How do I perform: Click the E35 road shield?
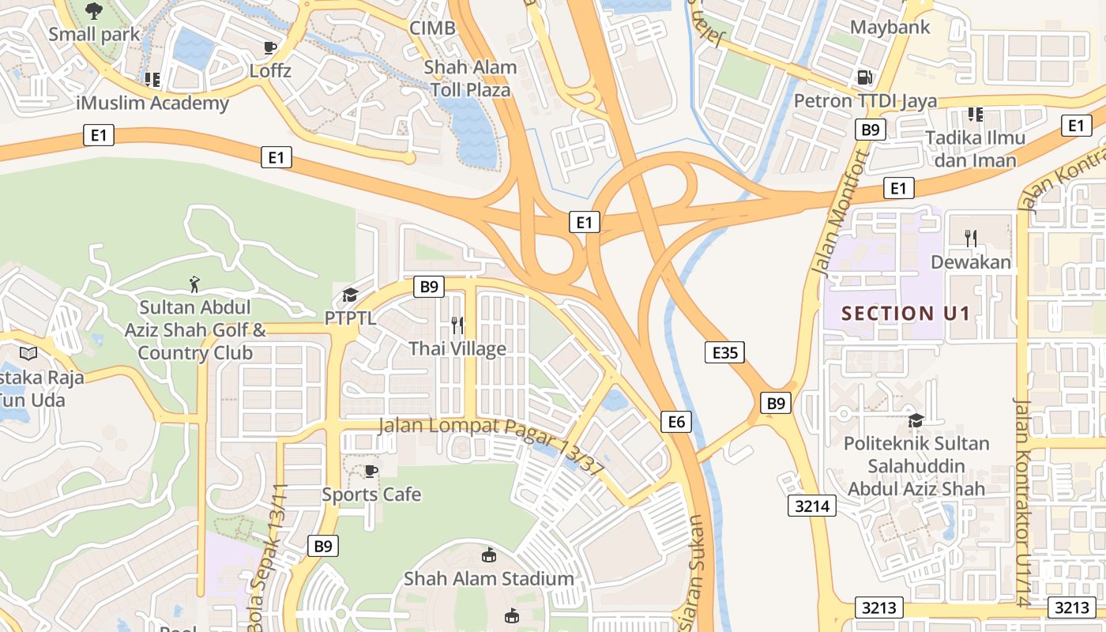tap(724, 352)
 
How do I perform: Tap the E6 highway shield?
tap(676, 422)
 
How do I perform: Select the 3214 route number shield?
tap(811, 506)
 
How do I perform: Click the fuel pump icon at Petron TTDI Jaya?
tap(865, 77)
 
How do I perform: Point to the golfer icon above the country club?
tap(194, 284)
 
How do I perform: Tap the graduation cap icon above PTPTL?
tap(349, 295)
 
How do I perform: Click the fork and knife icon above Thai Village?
tap(457, 325)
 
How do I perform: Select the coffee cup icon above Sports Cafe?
tap(371, 472)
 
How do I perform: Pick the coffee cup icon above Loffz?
tap(270, 47)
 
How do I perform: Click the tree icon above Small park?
tap(94, 11)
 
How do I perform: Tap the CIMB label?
tap(432, 28)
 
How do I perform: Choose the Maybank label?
tap(890, 27)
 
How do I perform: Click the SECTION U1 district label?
tap(905, 314)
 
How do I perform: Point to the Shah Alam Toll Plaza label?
tap(471, 78)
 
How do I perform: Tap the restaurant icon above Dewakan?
tap(971, 237)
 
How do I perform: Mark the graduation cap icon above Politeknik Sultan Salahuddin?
tap(916, 420)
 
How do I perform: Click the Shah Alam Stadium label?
tap(488, 578)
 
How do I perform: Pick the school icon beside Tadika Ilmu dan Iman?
tap(976, 114)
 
